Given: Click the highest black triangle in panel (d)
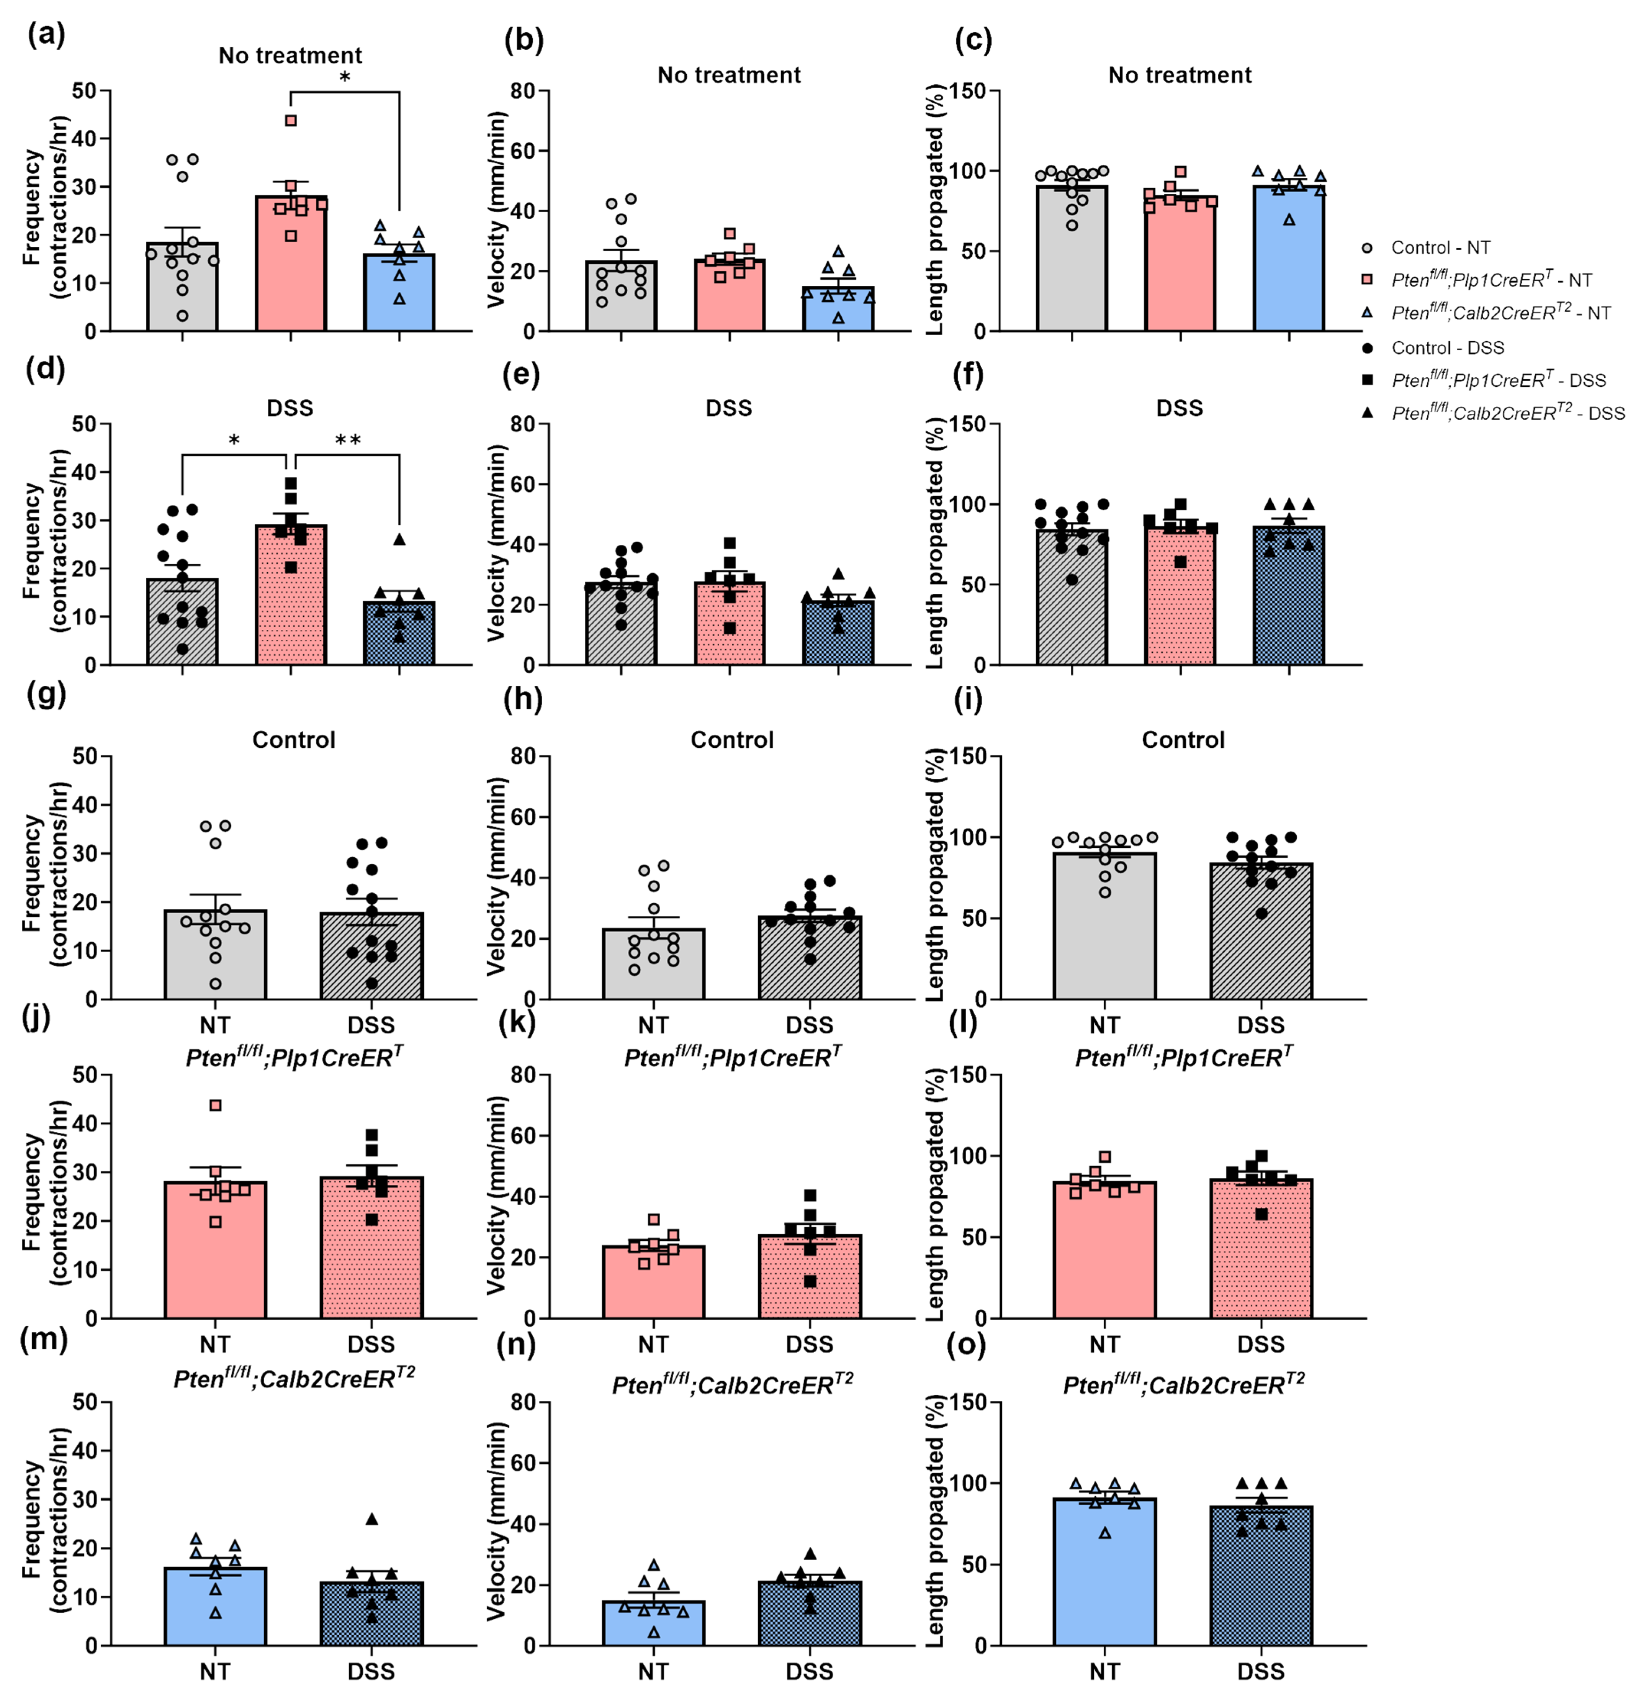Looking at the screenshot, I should coord(399,539).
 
